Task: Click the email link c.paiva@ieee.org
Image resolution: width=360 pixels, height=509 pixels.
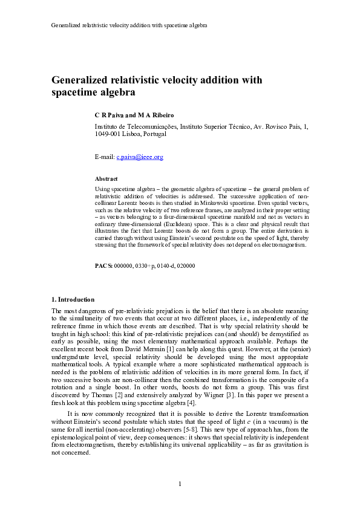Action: tap(140, 157)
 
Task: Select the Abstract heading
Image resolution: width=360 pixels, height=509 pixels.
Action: tap(106, 179)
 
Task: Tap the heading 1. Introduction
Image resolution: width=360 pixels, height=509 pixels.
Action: tap(73, 299)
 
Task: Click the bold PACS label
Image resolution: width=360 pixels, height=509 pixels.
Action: tap(104, 266)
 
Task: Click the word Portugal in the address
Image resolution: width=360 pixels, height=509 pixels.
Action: tap(154, 134)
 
